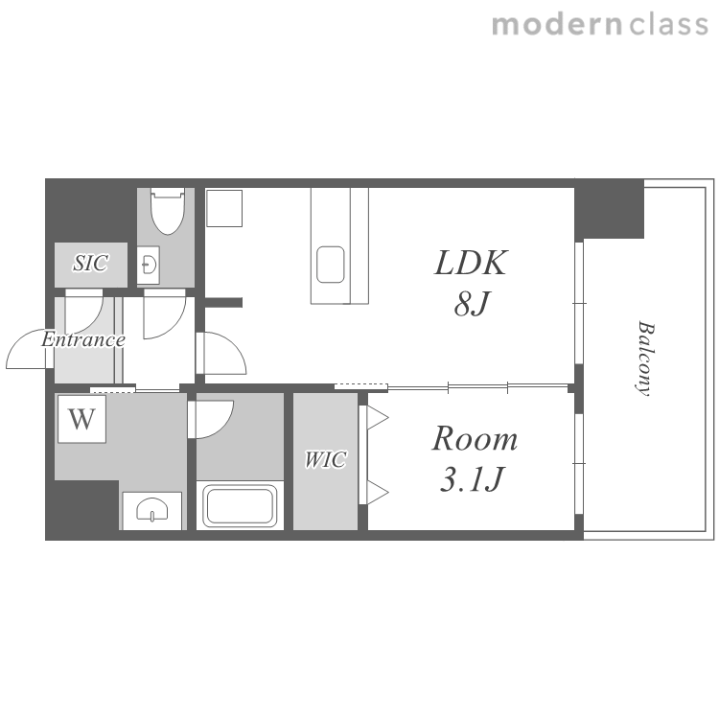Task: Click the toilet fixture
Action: coord(168,211)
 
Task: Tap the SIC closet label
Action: coord(91,263)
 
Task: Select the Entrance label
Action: coord(83,339)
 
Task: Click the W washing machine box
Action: coord(82,419)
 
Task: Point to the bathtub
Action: coord(240,506)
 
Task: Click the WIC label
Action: coord(326,459)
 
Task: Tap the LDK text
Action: coord(471,263)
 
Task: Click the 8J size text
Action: coord(473,303)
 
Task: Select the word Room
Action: coord(475,438)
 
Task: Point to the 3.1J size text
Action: coord(473,478)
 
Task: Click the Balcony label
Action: coord(646,359)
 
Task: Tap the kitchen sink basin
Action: coord(330,265)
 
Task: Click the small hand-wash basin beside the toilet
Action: coord(149,265)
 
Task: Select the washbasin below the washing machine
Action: coord(152,510)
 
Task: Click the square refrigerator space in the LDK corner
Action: coord(224,208)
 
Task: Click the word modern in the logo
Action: coord(557,25)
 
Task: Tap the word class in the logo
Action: coord(668,25)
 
